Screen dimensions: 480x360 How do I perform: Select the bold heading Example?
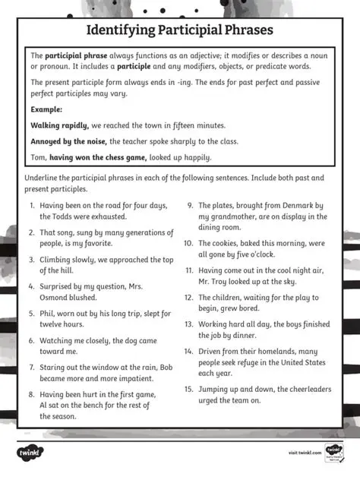pos(46,109)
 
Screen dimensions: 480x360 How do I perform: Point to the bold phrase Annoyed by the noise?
pos(70,141)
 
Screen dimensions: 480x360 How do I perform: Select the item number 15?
pos(188,389)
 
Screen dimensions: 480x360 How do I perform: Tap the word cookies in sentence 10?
pos(226,243)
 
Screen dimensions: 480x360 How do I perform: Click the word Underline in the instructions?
pos(44,178)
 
